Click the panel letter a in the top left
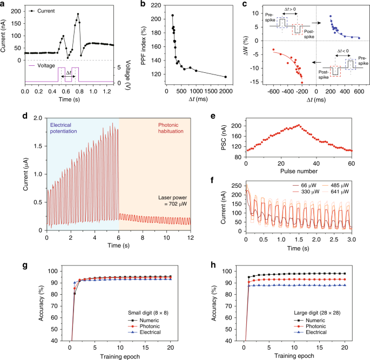4,4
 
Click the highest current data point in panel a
78,14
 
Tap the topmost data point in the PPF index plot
172,15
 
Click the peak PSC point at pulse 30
299,125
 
